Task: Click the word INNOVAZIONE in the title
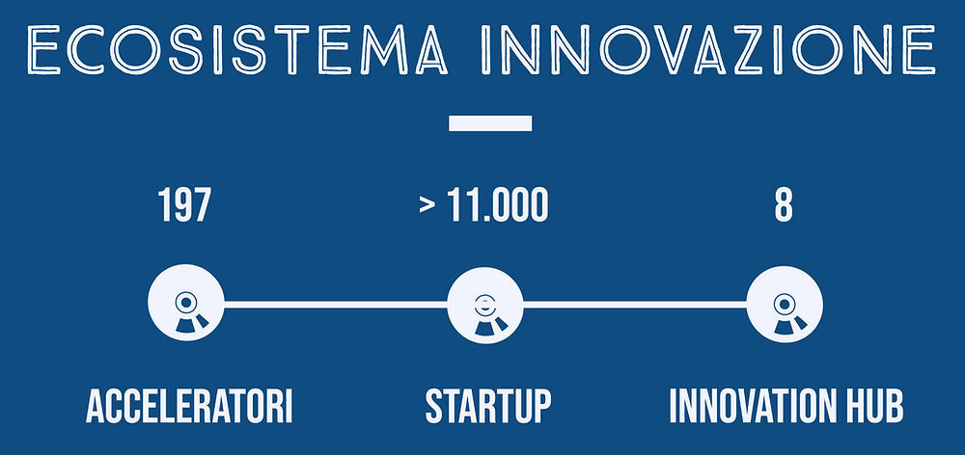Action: point(708,49)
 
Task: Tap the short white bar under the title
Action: point(490,123)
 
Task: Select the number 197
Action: point(184,205)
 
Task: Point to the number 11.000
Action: point(497,205)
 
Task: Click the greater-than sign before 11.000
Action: point(427,206)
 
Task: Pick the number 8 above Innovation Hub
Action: point(784,205)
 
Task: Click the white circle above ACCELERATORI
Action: point(186,303)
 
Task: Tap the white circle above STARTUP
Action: point(485,305)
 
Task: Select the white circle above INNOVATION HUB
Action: point(784,304)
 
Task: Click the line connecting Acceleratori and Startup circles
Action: point(336,305)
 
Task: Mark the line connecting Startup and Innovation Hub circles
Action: point(635,305)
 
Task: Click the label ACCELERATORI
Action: point(189,407)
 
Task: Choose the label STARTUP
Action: point(488,407)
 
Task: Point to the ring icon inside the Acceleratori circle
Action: point(186,302)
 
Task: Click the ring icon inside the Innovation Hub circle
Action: point(783,303)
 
